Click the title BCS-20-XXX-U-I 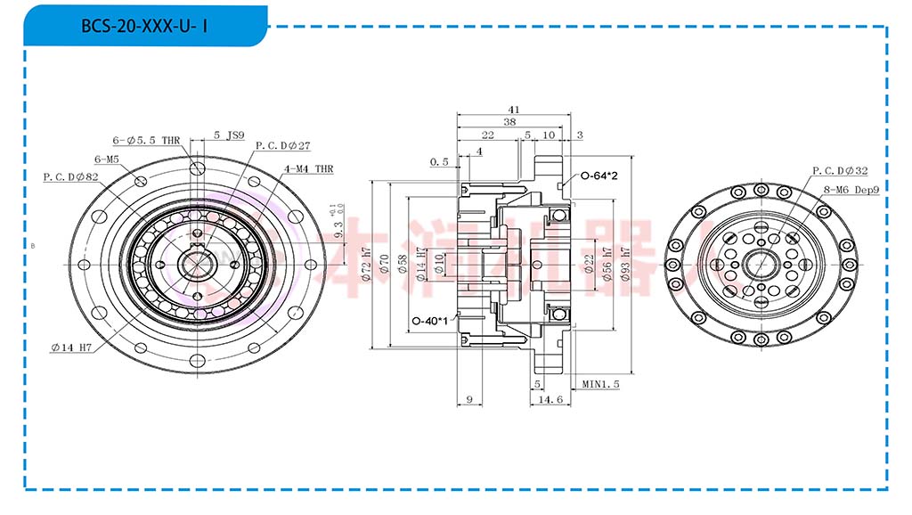[x=144, y=26]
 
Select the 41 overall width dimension [x=514, y=109]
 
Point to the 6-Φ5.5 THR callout [x=147, y=140]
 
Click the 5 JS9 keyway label [x=229, y=135]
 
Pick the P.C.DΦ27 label [x=282, y=145]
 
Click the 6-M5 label [x=107, y=159]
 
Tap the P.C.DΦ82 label [x=70, y=176]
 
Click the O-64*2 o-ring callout [x=600, y=176]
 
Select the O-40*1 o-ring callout [x=430, y=321]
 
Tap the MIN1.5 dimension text [x=601, y=384]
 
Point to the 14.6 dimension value [x=551, y=400]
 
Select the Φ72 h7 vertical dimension [x=367, y=266]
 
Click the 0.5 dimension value [x=438, y=162]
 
